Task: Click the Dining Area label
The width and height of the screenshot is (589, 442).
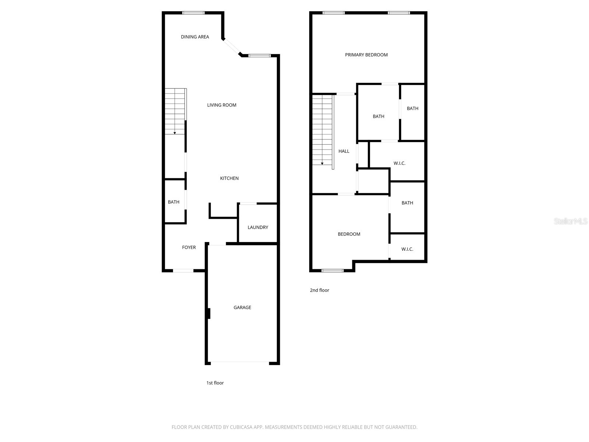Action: [195, 37]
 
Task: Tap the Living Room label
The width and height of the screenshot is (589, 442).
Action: [222, 105]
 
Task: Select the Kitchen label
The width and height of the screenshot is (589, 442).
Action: [229, 178]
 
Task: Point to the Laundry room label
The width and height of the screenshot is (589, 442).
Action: [258, 227]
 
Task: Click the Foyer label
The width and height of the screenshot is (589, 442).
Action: [189, 248]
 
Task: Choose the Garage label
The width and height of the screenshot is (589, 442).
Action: [242, 308]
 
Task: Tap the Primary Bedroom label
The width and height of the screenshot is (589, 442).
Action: [366, 55]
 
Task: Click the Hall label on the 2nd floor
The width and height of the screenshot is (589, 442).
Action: [344, 151]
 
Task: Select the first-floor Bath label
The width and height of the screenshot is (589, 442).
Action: [174, 202]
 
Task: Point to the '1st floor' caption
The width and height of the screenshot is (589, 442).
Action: [215, 383]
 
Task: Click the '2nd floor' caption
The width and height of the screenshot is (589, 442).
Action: [320, 290]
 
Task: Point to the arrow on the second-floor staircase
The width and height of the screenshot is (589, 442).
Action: [322, 163]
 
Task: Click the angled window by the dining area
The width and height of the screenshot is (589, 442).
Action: [232, 47]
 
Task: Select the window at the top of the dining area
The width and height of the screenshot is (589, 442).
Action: [193, 13]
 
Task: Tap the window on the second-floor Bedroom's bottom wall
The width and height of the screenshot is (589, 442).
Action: [332, 271]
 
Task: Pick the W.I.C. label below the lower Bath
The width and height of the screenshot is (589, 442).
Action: [407, 249]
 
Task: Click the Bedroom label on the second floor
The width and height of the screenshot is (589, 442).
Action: [349, 234]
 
